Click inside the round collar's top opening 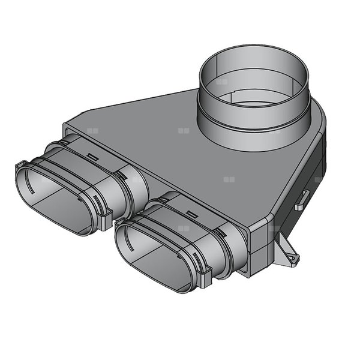click(x=254, y=84)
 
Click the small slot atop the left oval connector click(x=92, y=157)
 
